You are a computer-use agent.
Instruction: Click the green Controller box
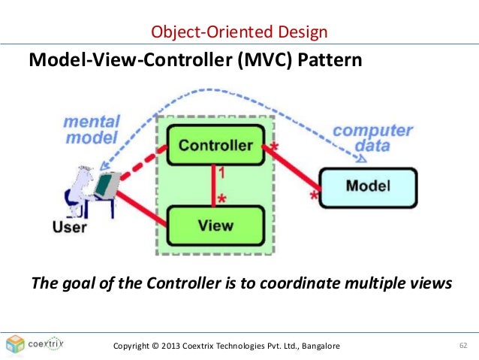tap(215, 144)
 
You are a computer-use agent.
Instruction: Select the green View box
tap(215, 224)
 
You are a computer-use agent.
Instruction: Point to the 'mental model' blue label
tap(91, 129)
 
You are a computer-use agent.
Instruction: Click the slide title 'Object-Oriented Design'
tap(239, 32)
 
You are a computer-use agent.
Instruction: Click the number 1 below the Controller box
tap(221, 174)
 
